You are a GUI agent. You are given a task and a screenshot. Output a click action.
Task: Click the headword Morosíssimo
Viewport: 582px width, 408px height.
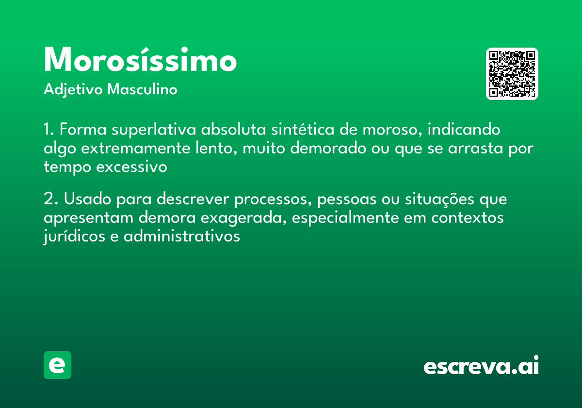coord(140,61)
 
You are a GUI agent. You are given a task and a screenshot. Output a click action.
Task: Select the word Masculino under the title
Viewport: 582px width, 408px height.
coord(142,90)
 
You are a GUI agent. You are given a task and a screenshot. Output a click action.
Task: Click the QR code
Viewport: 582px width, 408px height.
coord(512,74)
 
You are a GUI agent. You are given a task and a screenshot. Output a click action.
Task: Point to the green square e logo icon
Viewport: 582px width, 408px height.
coord(57,365)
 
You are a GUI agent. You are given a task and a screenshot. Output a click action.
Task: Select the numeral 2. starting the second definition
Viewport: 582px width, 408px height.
coord(49,200)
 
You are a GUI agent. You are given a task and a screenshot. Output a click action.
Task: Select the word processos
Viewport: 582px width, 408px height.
coord(260,200)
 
